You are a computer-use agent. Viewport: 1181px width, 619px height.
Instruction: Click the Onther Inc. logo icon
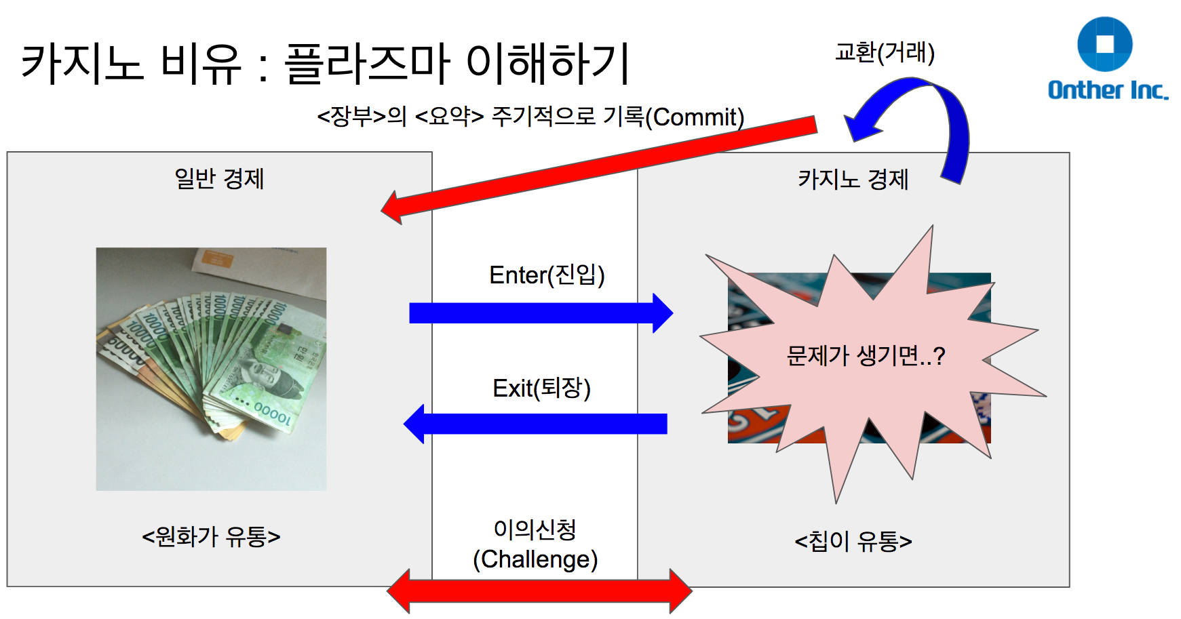(x=1104, y=44)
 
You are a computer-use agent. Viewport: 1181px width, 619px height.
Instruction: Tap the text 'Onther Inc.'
(x=1107, y=90)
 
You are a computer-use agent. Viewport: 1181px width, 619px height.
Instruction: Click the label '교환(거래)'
(x=885, y=52)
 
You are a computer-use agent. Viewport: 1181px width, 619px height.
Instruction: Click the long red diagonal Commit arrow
(x=597, y=167)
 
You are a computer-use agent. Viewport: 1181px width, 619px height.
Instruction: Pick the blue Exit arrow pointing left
(x=536, y=424)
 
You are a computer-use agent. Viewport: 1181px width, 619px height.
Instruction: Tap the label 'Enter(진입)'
(x=547, y=275)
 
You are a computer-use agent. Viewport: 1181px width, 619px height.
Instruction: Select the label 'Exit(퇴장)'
(x=541, y=388)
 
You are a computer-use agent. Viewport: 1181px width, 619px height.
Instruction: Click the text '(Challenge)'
(x=535, y=559)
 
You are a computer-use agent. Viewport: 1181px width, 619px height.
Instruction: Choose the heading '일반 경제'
(x=219, y=178)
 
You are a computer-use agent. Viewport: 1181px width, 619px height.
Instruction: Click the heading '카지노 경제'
(x=853, y=179)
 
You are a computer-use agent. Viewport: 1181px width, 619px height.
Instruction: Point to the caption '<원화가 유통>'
(x=211, y=536)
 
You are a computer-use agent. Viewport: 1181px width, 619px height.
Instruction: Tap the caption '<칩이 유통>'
(x=853, y=541)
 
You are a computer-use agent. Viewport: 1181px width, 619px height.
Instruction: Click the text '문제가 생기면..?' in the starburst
(x=866, y=355)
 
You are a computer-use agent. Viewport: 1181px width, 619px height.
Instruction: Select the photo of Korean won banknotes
(x=211, y=369)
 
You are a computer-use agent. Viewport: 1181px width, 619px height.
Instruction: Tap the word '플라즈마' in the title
(x=366, y=63)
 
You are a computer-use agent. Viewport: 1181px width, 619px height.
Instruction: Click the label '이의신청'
(x=535, y=529)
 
